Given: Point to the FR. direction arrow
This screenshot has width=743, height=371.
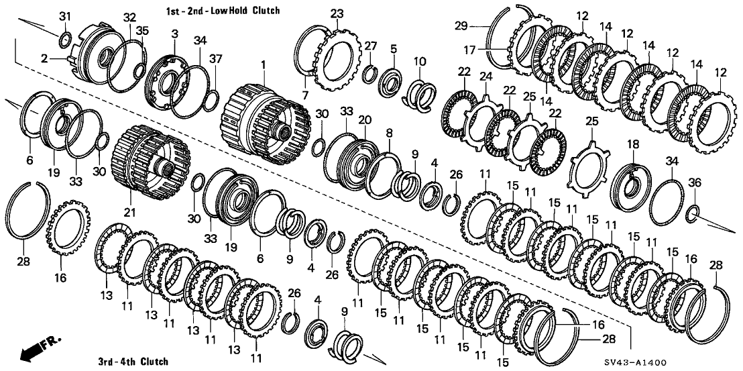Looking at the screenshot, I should (36, 350).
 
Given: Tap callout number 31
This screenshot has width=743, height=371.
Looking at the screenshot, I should (64, 16).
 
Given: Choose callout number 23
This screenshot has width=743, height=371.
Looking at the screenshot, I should (336, 13).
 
